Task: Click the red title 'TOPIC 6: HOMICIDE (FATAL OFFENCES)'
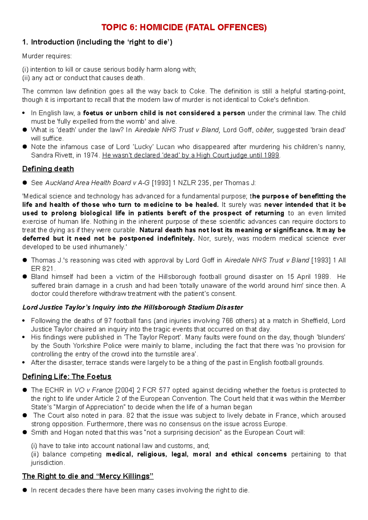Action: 184,27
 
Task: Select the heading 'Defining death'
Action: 48,169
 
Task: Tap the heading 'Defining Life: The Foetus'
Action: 67,376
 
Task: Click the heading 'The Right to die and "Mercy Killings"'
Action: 88,476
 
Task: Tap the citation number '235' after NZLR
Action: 203,183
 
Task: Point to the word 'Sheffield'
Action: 315,321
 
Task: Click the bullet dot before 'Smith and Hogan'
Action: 25,432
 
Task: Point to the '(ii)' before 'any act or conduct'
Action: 26,78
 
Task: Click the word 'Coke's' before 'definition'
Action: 269,100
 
